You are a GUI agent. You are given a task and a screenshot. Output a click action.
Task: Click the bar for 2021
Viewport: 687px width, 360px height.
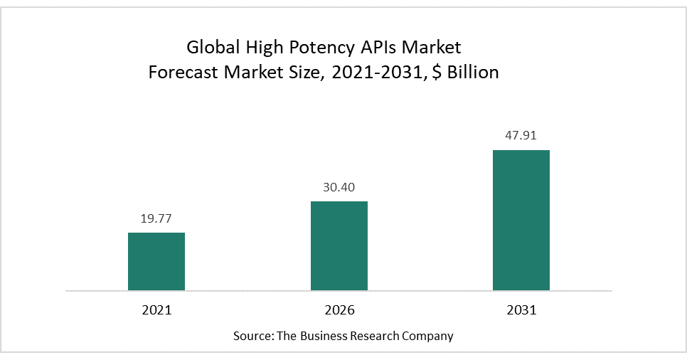[156, 261]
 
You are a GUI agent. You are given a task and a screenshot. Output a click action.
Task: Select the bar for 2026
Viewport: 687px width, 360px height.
[339, 245]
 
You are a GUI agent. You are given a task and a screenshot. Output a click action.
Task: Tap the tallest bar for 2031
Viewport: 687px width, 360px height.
[521, 220]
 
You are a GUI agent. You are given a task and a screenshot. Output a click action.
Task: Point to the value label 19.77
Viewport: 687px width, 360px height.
[156, 219]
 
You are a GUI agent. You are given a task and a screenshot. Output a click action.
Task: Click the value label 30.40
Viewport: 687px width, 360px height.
[339, 188]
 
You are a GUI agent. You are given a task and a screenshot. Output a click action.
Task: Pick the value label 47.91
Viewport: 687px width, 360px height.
[521, 137]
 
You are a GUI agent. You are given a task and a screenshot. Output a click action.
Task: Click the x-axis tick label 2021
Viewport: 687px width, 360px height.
[156, 310]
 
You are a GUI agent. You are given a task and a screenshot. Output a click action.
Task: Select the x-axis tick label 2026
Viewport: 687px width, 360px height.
[339, 310]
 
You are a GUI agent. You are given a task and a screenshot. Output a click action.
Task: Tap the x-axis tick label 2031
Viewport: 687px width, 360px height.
[521, 310]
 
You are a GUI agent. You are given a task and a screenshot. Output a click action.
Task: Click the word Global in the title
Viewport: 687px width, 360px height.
[210, 48]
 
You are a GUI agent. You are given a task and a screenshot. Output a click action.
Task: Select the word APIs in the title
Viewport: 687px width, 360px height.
[376, 48]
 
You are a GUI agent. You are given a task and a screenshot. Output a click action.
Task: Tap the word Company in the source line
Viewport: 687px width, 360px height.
[429, 335]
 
